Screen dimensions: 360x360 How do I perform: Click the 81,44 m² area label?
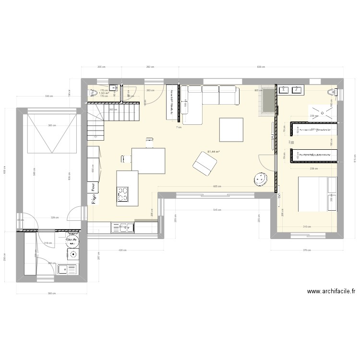[x=213, y=152]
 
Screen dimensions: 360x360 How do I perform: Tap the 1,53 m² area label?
[x=104, y=93]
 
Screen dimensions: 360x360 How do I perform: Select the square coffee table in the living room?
[x=231, y=130]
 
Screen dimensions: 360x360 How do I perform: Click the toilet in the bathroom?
[x=331, y=92]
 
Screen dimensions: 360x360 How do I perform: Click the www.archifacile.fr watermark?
[x=331, y=291]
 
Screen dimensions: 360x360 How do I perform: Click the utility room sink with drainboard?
[x=68, y=269]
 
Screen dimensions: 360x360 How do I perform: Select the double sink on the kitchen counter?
[x=123, y=227]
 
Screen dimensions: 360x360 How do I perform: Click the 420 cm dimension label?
[x=122, y=250]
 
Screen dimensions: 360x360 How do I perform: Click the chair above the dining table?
[x=150, y=142]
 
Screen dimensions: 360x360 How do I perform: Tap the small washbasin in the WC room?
[x=113, y=87]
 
